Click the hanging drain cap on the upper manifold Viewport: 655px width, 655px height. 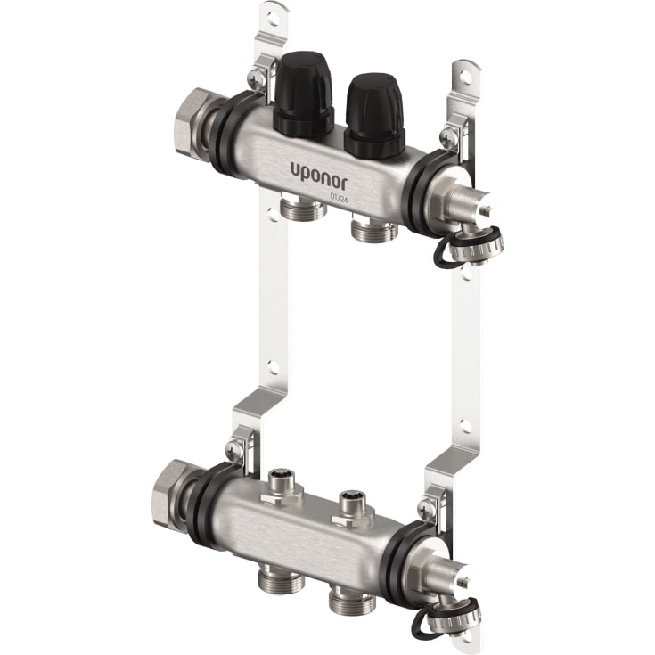[471, 244]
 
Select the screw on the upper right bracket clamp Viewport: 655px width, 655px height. [446, 137]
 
